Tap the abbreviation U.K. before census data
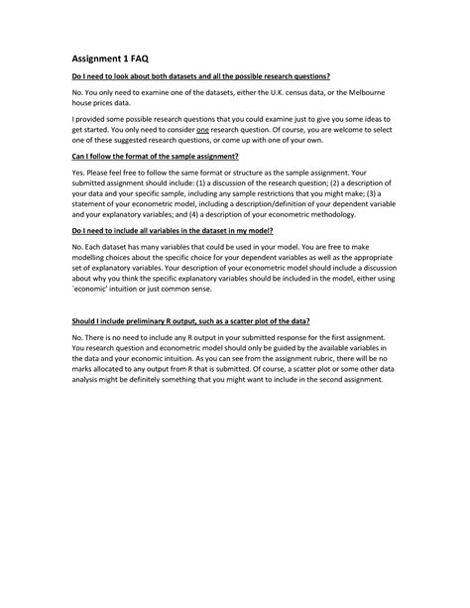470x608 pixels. point(296,91)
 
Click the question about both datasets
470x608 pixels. point(200,75)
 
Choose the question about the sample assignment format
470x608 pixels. point(156,156)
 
